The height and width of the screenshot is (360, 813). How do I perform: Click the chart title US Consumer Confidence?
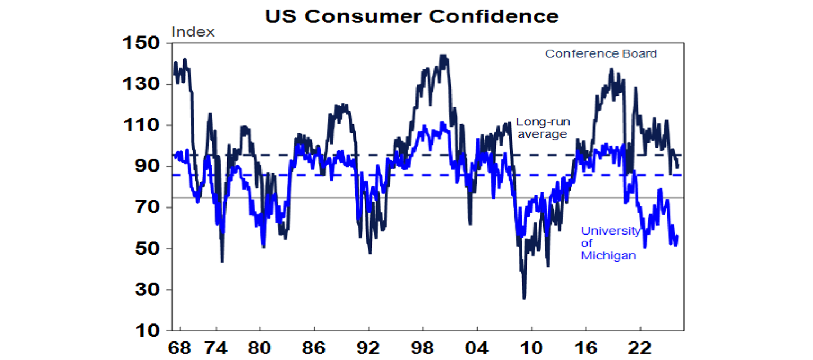pyautogui.click(x=411, y=16)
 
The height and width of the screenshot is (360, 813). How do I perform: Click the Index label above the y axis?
pyautogui.click(x=193, y=32)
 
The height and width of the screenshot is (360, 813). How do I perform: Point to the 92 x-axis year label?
pyautogui.click(x=368, y=349)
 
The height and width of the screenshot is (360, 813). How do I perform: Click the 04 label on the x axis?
pyautogui.click(x=477, y=349)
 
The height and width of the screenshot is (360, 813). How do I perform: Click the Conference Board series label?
pyautogui.click(x=601, y=54)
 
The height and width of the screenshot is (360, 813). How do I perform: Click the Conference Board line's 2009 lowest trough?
pyautogui.click(x=524, y=298)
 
